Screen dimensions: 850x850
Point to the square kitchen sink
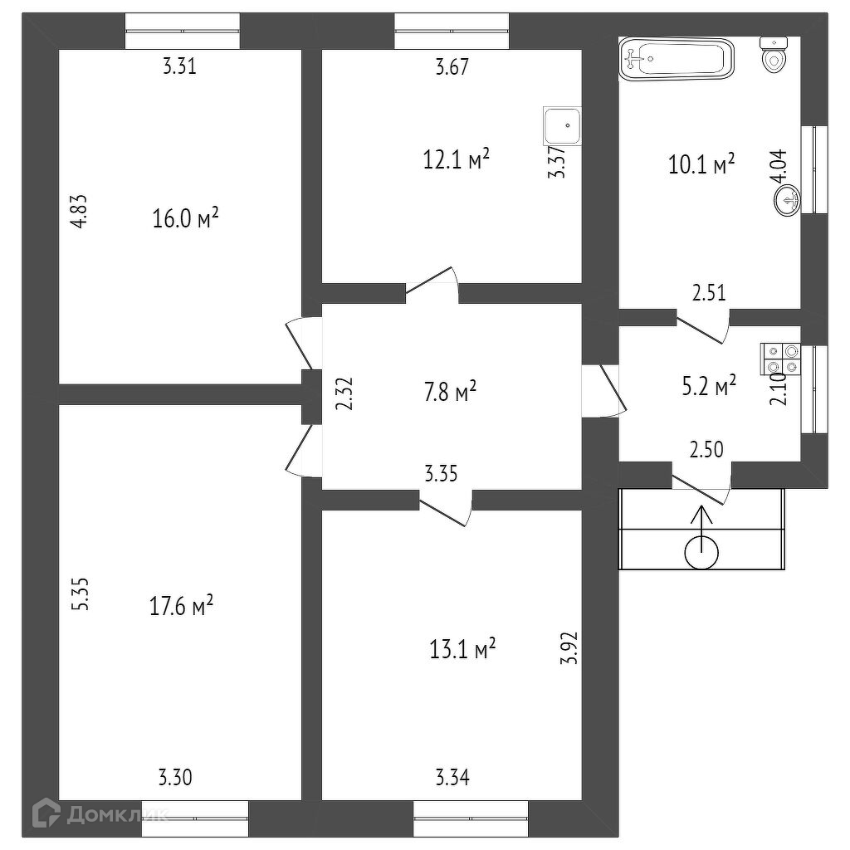coord(562,125)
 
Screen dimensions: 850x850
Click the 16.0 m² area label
coord(185,218)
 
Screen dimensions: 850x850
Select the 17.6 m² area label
coord(181,605)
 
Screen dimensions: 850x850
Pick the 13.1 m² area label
coord(462,648)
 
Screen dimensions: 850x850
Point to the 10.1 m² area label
coord(702,164)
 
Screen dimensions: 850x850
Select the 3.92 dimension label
coord(569,647)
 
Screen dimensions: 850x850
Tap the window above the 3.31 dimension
coord(182,32)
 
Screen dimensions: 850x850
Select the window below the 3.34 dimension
coord(471,818)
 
